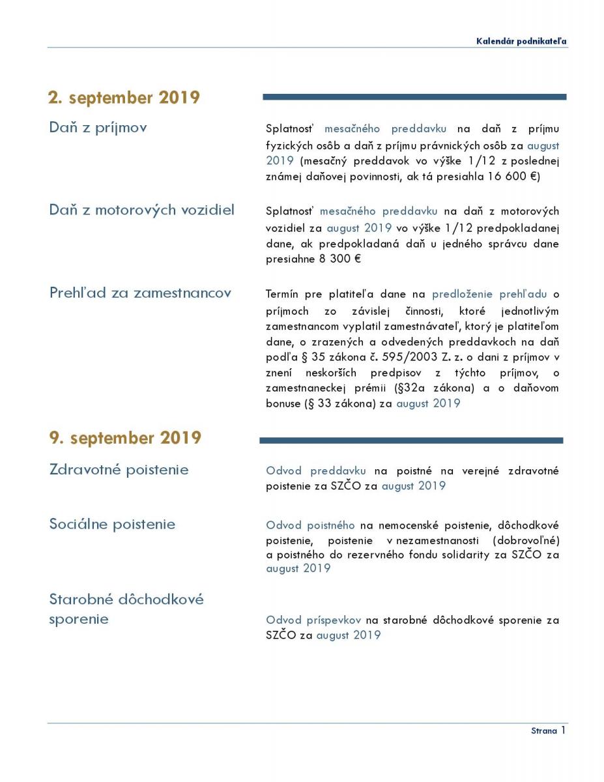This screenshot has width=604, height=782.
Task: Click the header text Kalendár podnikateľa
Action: [521, 41]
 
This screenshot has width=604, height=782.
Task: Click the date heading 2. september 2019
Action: [124, 98]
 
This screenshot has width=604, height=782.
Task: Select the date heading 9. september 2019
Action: [125, 437]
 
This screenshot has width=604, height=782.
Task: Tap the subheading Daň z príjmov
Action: [98, 127]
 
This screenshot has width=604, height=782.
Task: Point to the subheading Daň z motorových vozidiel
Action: [142, 210]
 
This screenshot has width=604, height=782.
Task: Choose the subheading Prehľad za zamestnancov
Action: [140, 293]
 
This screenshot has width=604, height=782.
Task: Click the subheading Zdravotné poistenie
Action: [119, 469]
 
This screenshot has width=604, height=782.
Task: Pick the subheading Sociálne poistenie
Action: [112, 524]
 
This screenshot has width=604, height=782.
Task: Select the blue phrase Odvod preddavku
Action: [315, 471]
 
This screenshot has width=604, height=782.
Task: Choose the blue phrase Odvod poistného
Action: [310, 525]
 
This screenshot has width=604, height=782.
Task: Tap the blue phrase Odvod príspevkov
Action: [313, 620]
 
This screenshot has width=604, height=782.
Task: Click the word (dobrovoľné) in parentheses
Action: [526, 541]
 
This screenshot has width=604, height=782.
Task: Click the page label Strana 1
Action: [548, 731]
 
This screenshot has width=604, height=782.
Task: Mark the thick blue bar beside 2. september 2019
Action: [414, 97]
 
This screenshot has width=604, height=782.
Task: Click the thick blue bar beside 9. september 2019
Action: [411, 441]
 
